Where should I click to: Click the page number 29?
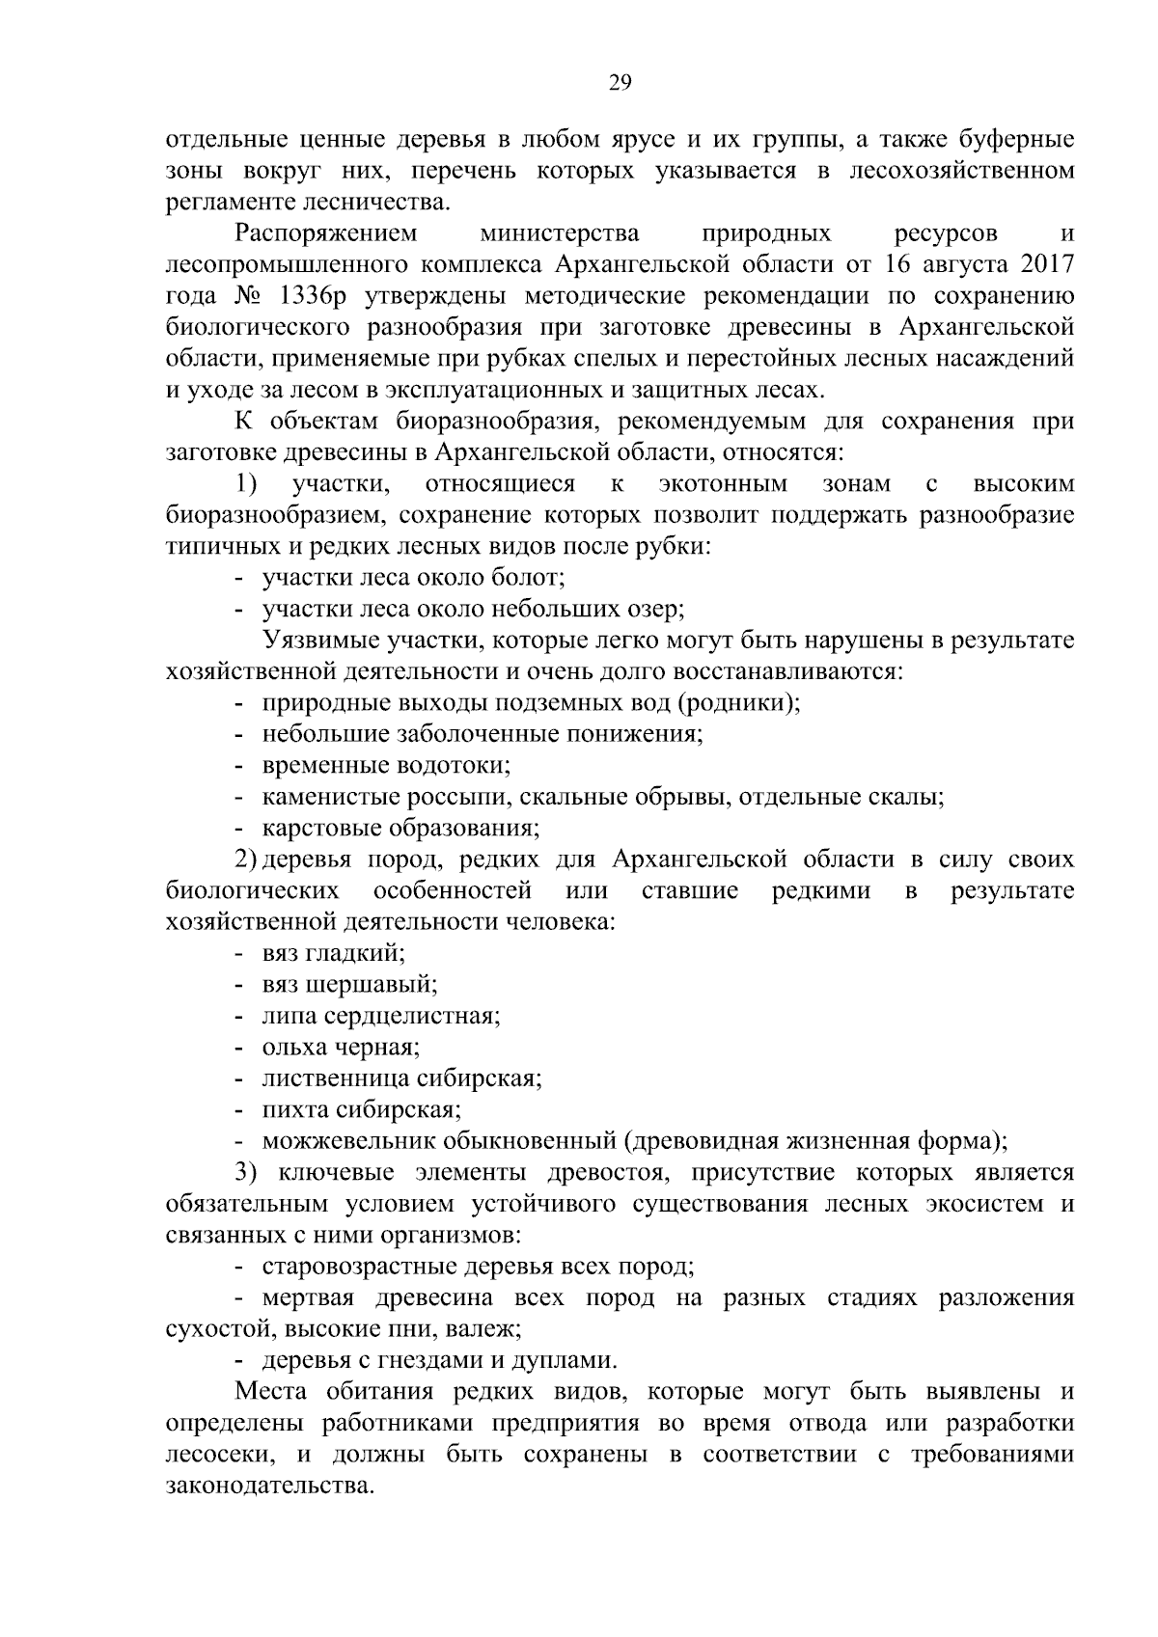pyautogui.click(x=620, y=83)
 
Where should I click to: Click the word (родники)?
pyautogui.click(x=740, y=702)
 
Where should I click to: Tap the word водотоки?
pyautogui.click(x=453, y=765)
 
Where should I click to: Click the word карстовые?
pyautogui.click(x=321, y=828)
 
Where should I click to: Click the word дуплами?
pyautogui.click(x=567, y=1360)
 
